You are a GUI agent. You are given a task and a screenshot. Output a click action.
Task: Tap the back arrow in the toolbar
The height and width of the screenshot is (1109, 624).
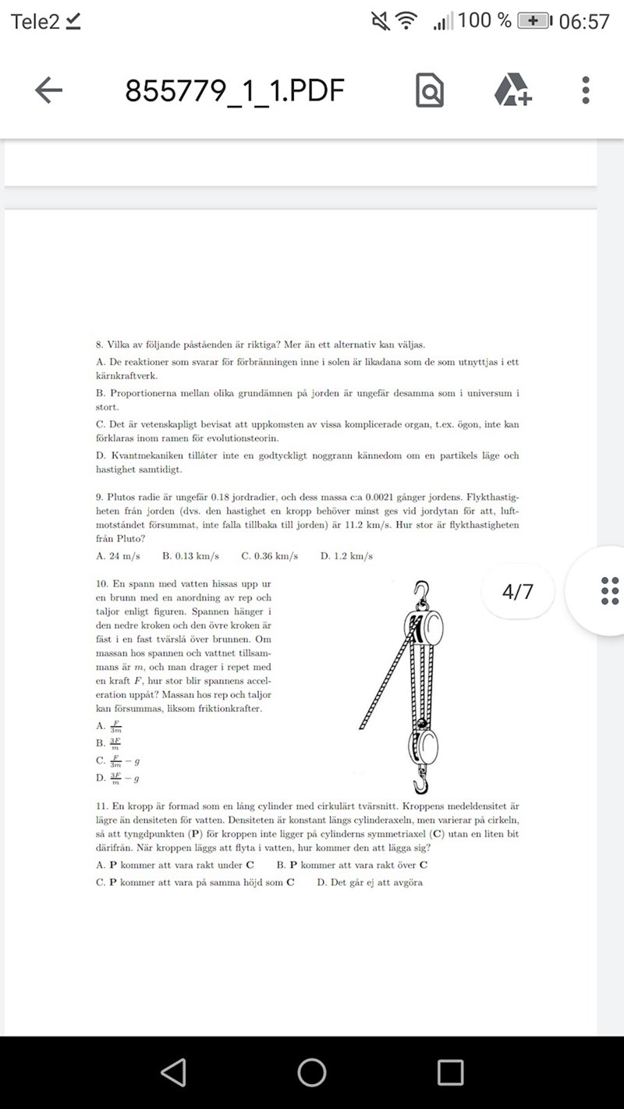point(48,90)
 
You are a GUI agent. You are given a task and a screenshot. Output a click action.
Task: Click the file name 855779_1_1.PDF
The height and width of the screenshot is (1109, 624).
point(234,91)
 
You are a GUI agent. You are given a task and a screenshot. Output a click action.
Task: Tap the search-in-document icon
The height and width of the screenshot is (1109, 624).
point(429,91)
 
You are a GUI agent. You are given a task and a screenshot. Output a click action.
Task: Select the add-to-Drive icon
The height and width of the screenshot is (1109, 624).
point(512,90)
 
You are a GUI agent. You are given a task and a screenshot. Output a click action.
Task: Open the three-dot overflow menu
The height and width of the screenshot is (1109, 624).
point(586,90)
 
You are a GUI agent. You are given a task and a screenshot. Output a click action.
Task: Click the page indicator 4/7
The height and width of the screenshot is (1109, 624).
point(518,591)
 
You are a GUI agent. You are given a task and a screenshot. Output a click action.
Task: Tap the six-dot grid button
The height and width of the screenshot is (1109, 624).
point(610,591)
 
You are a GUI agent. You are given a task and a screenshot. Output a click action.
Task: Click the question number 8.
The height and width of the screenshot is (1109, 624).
point(99,345)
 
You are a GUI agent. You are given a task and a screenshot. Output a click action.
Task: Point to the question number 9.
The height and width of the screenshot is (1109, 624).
point(99,496)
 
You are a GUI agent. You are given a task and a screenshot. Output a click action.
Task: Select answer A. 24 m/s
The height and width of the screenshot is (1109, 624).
point(117,556)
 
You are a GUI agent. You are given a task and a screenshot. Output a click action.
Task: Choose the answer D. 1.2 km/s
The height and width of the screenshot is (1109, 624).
point(346,556)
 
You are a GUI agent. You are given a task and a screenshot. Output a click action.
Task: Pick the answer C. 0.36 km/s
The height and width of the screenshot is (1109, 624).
point(269,556)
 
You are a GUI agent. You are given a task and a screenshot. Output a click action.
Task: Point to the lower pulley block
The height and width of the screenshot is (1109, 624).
point(424,744)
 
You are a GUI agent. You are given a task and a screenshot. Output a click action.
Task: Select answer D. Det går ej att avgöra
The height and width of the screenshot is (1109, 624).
point(370,882)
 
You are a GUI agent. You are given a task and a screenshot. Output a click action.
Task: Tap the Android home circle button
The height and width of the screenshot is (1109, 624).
point(312,1072)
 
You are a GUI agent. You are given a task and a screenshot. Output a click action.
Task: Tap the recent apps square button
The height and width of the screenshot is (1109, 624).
point(450,1072)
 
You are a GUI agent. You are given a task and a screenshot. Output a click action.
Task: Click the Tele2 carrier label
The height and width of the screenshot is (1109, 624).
point(35,22)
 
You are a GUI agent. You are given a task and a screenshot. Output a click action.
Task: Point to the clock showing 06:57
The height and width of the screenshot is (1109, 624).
point(583,22)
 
